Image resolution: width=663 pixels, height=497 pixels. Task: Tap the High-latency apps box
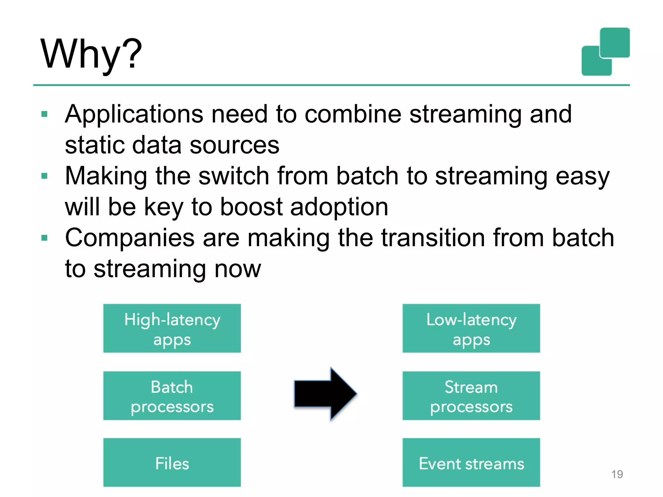point(172,328)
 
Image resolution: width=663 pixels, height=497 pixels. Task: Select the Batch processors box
point(172,396)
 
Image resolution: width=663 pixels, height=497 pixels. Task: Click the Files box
point(172,462)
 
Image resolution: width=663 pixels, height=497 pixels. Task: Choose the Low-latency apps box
point(471,328)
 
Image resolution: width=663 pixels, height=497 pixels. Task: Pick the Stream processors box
point(471,396)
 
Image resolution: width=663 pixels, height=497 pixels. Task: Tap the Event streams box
point(471,462)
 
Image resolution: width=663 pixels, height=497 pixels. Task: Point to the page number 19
point(617,474)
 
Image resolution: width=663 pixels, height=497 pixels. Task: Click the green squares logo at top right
point(605,52)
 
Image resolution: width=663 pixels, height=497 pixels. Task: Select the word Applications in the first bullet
point(134,115)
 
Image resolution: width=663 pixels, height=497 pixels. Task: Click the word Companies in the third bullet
point(130,238)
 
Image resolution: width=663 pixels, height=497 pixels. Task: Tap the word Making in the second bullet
point(106,176)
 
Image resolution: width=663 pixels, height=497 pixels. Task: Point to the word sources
point(234,145)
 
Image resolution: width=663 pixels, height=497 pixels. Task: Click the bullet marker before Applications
point(45,114)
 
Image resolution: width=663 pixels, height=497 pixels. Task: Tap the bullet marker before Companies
point(45,238)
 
